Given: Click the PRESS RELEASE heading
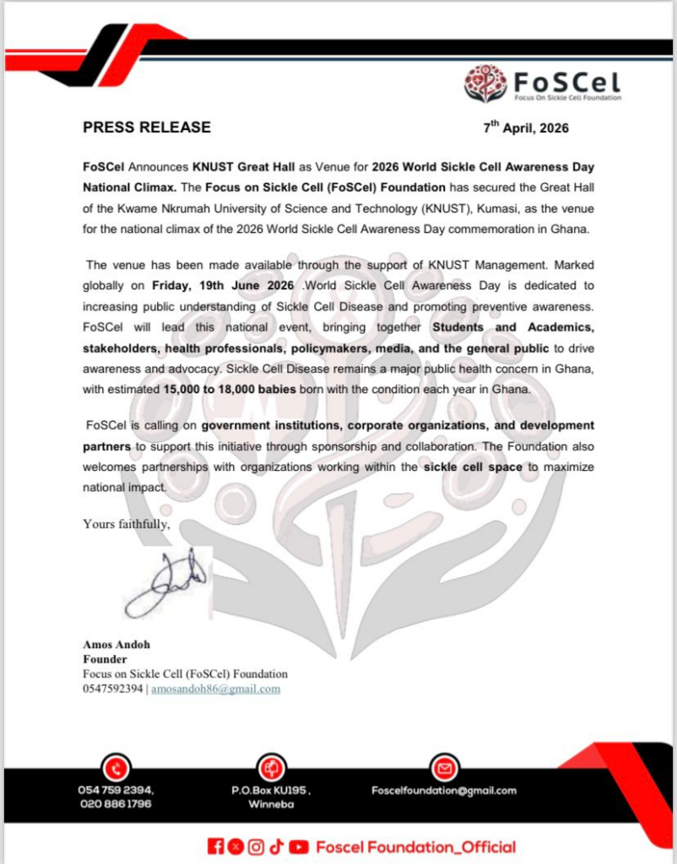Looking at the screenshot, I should tap(146, 128).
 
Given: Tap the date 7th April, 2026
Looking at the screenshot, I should tap(526, 129).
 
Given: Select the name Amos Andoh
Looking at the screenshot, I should tap(116, 645).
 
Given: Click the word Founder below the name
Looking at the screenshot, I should tap(105, 659).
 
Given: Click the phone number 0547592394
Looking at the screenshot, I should tap(113, 688).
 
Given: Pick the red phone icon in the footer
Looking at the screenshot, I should tap(115, 768).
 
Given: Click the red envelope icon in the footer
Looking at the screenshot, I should tap(443, 768).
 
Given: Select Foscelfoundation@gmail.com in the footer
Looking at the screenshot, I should tap(444, 791).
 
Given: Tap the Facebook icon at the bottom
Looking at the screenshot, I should tap(215, 846).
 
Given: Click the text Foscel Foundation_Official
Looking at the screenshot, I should tap(415, 846).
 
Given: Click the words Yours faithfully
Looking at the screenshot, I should tap(127, 524).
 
